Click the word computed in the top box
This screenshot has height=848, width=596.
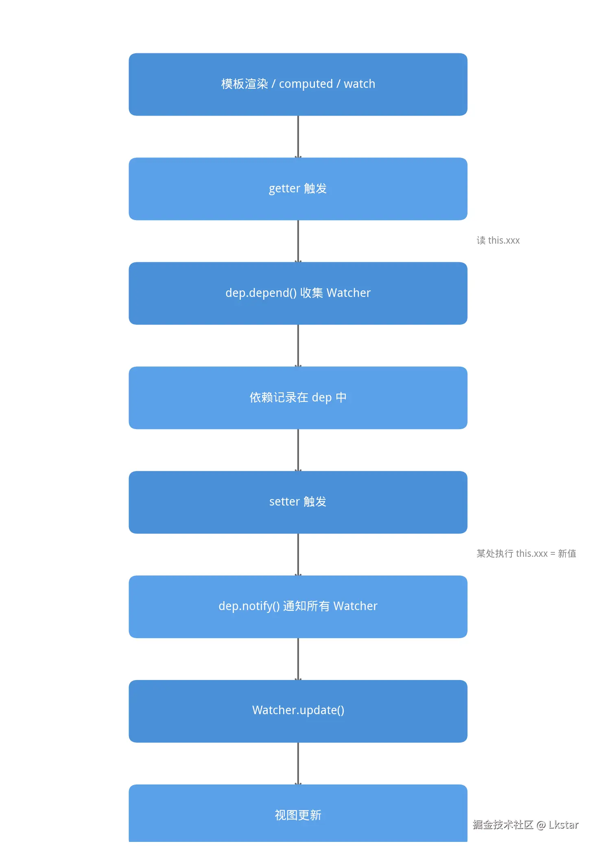coord(306,84)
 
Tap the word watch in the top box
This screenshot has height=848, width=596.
coord(359,84)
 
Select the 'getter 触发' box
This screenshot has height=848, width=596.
coord(298,189)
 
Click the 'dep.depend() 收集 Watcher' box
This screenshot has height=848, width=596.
coord(298,293)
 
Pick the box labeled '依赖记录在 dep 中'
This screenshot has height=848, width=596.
coord(298,397)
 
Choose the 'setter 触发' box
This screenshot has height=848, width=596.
coord(298,502)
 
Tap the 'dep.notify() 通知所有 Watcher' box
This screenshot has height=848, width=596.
coord(298,606)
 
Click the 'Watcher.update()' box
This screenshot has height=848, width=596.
coord(298,711)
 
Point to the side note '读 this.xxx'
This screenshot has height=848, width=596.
coord(498,240)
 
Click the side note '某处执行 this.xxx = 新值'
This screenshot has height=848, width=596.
coord(526,554)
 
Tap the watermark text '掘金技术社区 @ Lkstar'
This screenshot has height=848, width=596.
coord(525,824)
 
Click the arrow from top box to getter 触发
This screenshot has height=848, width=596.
coord(298,137)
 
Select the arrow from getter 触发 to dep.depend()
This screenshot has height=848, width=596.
coord(298,241)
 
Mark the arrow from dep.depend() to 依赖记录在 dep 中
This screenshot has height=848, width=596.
coord(298,346)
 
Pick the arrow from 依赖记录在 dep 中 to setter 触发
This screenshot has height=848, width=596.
coord(298,450)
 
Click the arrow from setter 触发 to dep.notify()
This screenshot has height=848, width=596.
coord(298,554)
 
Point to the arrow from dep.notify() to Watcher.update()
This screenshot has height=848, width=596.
coord(298,659)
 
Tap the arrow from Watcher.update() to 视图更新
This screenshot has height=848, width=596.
coord(298,763)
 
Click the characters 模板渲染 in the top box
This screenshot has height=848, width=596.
coord(245,84)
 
